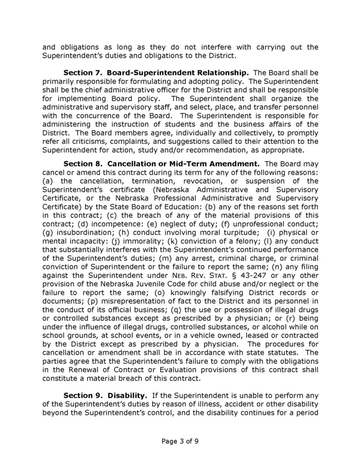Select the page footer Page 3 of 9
tap(180, 441)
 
